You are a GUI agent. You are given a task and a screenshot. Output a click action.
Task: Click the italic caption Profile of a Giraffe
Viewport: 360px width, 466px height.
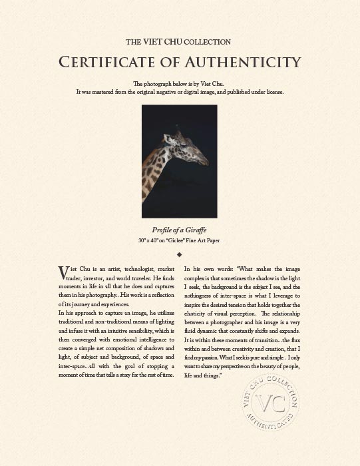tap(180, 230)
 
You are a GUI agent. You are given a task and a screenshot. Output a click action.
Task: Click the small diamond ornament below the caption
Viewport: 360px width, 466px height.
tap(180, 254)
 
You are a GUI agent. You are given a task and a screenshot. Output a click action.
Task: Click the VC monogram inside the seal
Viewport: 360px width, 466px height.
tap(270, 405)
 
